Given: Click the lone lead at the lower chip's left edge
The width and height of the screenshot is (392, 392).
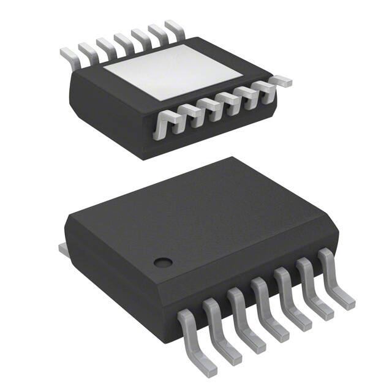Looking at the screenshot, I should click(61, 247).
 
